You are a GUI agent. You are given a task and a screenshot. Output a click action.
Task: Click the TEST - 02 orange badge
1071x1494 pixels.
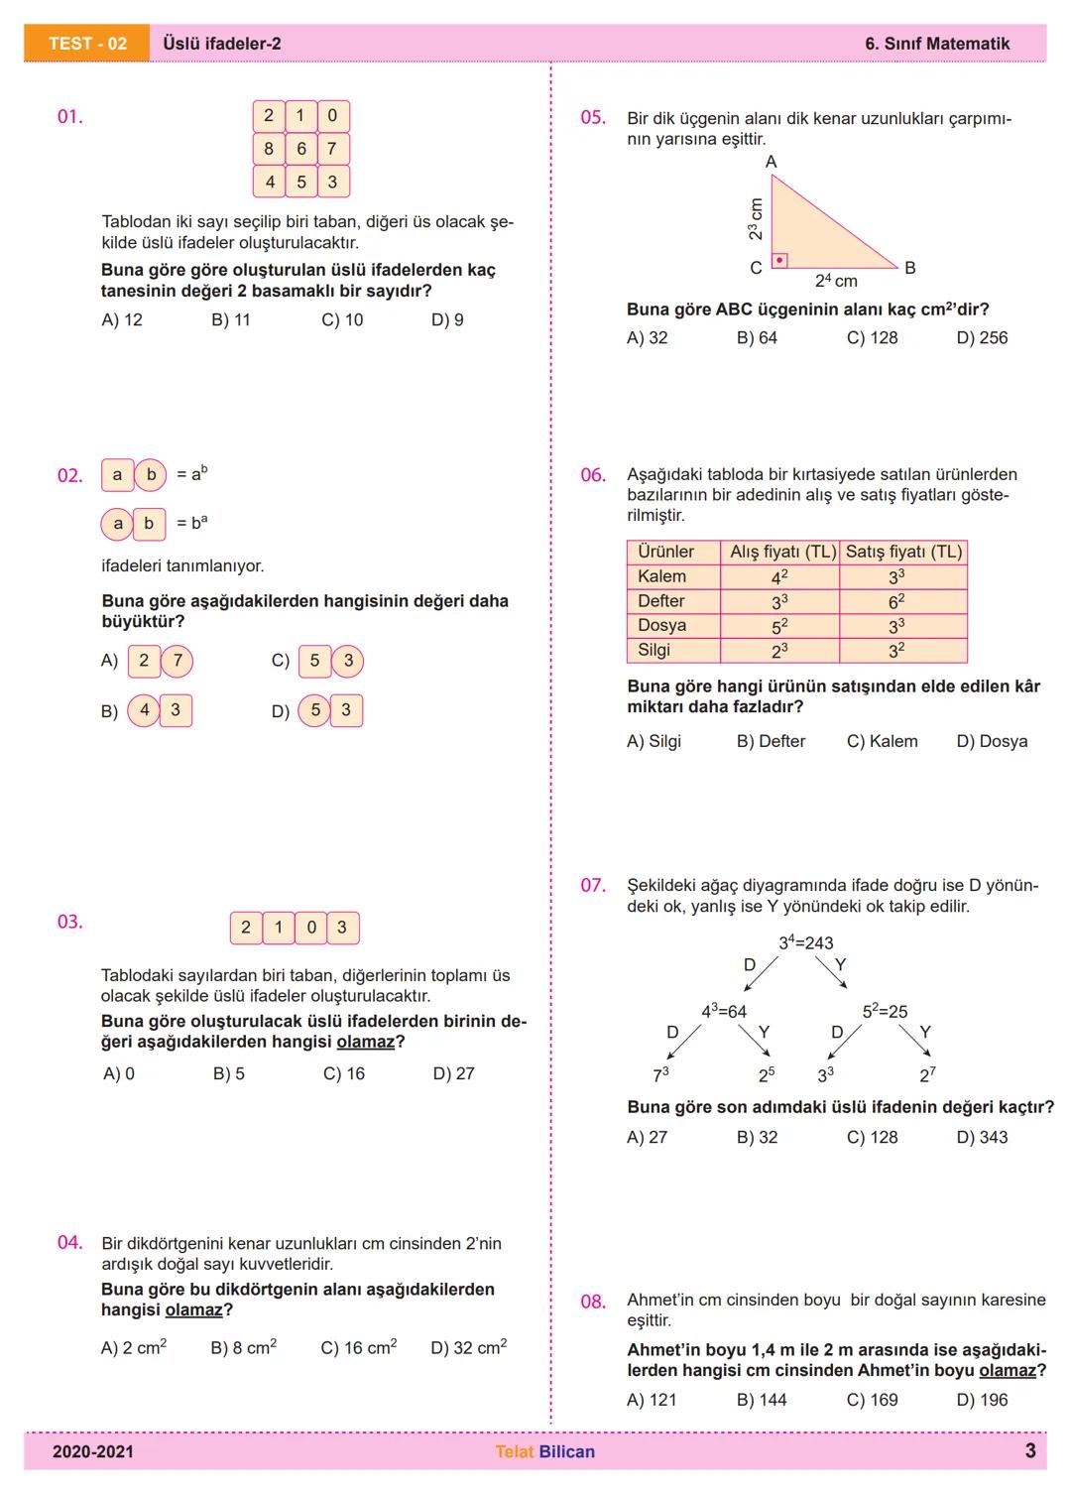87,44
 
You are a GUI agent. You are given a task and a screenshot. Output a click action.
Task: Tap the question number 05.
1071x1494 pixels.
593,118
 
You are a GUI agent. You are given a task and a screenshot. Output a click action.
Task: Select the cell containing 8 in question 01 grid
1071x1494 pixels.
269,149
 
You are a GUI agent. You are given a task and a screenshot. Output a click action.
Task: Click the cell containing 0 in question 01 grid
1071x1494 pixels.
332,116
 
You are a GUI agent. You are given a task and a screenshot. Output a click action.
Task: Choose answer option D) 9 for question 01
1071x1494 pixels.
447,320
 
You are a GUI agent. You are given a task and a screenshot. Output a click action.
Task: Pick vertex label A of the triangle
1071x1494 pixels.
772,162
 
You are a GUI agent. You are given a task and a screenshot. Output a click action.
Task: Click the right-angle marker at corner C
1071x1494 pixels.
780,261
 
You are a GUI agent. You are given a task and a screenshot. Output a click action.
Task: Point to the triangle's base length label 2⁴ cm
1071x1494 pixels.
836,281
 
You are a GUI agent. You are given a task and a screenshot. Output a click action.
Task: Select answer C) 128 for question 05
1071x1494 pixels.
872,338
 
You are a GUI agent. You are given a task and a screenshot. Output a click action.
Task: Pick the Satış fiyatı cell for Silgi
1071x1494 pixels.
902,651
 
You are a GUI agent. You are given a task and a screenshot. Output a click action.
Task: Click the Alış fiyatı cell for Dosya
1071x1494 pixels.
779,626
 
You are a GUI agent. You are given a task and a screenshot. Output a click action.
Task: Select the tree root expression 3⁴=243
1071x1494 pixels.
805,942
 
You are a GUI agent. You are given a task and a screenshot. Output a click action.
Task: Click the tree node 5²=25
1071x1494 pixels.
885,1012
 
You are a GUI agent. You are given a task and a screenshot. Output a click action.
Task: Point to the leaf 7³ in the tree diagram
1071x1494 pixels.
660,1074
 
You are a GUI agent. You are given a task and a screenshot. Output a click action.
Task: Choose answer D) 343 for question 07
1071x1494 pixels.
982,1138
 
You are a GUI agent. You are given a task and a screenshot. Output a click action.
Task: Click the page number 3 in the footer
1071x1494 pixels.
1030,1451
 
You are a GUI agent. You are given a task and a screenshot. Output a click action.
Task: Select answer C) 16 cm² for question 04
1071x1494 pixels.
358,1348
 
